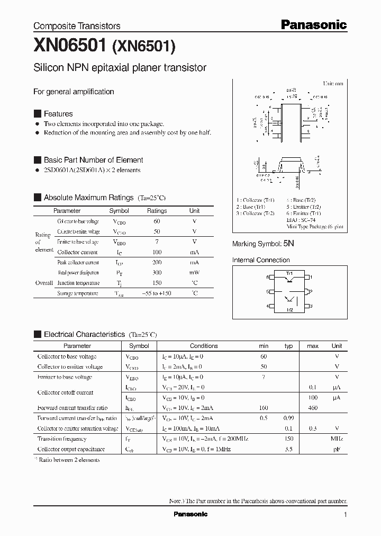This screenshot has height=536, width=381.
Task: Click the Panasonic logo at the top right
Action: tap(313, 24)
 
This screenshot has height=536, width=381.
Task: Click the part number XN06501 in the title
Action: tap(70, 46)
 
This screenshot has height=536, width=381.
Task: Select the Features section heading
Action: tap(58, 114)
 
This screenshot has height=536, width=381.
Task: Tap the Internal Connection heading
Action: tap(261, 260)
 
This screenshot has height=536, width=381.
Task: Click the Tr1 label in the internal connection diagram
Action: tap(289, 273)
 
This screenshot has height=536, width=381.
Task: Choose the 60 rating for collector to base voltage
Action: tap(157, 221)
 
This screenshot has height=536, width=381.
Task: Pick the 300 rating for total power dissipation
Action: tap(157, 273)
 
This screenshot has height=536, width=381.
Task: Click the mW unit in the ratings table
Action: tap(194, 273)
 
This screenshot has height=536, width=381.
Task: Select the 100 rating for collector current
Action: tap(157, 252)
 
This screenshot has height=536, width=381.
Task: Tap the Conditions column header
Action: tap(204, 346)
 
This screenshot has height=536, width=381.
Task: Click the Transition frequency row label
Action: tap(62, 439)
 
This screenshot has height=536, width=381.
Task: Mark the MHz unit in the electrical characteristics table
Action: tap(337, 439)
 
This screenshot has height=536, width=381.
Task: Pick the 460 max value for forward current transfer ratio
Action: tap(312, 408)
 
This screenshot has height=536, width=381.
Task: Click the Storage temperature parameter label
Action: tap(78, 293)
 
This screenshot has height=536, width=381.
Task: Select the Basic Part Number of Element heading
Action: tap(93, 160)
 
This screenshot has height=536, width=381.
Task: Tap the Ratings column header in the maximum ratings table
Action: tap(157, 211)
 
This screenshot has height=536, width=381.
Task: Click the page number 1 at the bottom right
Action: tap(346, 515)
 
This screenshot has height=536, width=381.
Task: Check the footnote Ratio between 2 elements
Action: tap(69, 460)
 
